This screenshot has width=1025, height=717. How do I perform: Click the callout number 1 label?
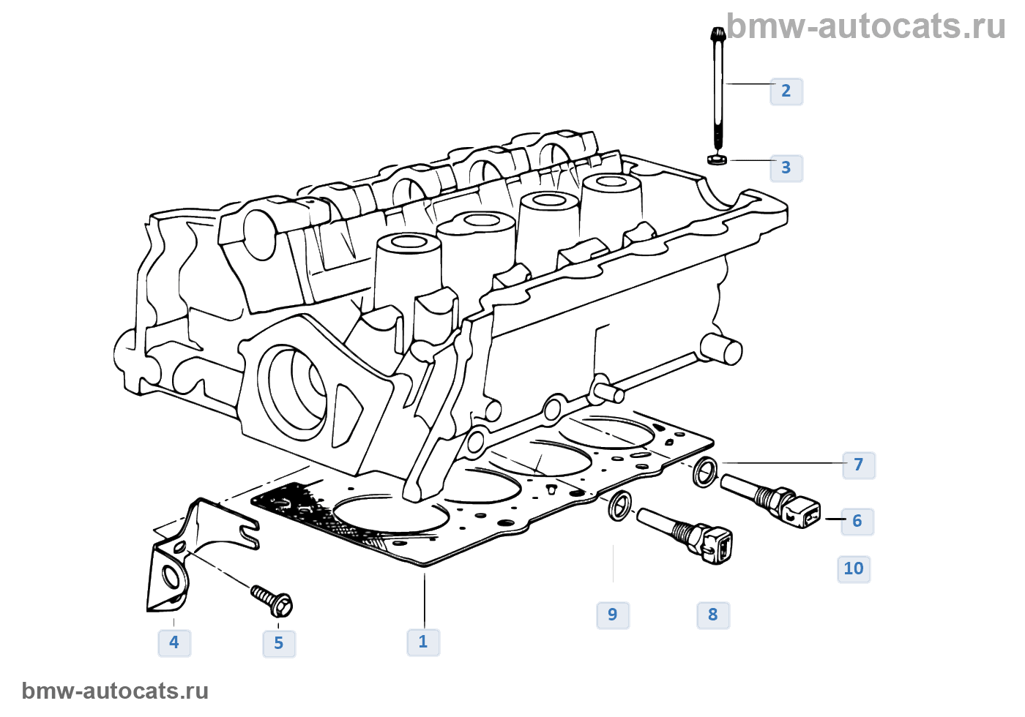[423, 642]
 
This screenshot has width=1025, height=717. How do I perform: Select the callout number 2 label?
[786, 91]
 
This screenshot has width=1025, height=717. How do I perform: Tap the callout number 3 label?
[786, 168]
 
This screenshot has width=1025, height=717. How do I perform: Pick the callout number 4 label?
[174, 643]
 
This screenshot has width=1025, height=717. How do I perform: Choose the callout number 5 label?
[279, 644]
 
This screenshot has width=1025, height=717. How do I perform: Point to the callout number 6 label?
[857, 522]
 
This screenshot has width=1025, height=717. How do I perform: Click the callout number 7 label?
[859, 465]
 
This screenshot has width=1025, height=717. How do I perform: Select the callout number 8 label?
[713, 615]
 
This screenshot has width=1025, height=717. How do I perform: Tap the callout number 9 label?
[613, 615]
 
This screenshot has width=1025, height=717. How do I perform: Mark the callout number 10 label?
[854, 569]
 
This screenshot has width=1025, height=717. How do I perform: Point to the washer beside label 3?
[717, 159]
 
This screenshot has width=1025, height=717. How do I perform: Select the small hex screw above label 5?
[272, 600]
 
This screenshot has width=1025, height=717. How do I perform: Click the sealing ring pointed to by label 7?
[705, 471]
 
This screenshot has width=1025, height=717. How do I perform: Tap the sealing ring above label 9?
[619, 506]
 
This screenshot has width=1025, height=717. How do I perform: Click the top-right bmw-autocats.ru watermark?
[866, 26]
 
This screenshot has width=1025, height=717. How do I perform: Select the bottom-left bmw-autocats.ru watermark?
[116, 691]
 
